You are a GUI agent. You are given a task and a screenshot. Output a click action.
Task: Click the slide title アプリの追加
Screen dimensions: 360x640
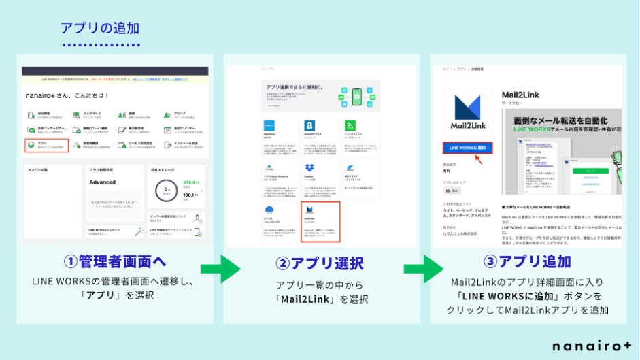(100, 28)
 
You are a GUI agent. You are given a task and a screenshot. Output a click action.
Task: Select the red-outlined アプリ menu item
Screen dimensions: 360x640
(46, 145)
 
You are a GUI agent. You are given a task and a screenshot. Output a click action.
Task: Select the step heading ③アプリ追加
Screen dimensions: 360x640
(526, 262)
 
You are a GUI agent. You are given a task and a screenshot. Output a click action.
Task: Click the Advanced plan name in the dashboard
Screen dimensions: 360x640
(103, 182)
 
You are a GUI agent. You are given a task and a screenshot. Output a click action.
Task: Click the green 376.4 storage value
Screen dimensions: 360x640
(190, 182)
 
